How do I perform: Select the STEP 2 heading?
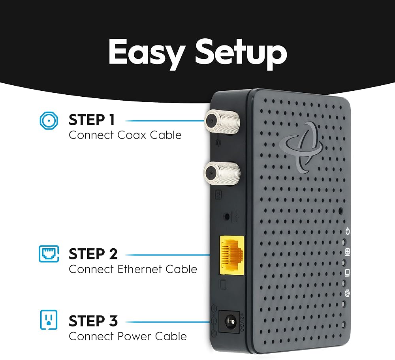(x=93, y=254)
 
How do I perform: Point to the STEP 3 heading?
(x=93, y=321)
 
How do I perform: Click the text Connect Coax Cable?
(x=125, y=135)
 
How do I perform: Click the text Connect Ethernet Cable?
(x=133, y=269)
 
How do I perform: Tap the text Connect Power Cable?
(x=128, y=336)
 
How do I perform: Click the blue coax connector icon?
(x=49, y=120)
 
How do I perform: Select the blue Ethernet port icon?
(x=49, y=254)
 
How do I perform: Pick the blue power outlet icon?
(x=49, y=320)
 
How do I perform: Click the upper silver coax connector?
(x=216, y=118)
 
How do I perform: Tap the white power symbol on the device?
(x=348, y=231)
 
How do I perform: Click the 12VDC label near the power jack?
(x=243, y=320)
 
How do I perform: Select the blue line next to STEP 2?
(x=167, y=255)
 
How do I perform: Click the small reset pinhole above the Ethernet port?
(x=227, y=217)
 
